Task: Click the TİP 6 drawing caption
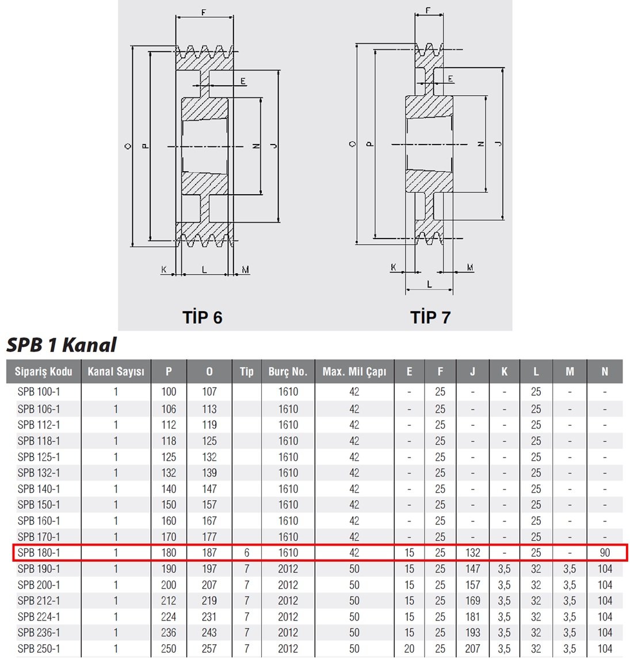coord(202,317)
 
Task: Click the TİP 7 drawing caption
coord(430,317)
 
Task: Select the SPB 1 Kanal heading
coord(61,345)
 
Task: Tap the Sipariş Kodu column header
coord(44,372)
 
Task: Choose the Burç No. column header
coord(288,372)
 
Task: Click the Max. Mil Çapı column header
coord(354,372)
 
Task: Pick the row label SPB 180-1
coord(39,553)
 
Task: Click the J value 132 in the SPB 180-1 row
coord(473,553)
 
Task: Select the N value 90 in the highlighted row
coord(605,553)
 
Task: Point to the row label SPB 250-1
coord(39,649)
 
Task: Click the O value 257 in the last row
coord(209,649)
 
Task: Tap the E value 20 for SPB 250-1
coord(410,649)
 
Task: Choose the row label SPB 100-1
coord(39,392)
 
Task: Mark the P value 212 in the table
coord(169,601)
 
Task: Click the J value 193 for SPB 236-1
coord(473,633)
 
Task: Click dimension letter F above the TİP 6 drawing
coord(204,12)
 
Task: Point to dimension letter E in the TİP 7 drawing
coord(450,78)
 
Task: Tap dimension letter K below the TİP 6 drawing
coord(164,269)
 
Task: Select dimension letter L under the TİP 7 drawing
coord(429,285)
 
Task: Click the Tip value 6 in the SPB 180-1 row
coord(246,553)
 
